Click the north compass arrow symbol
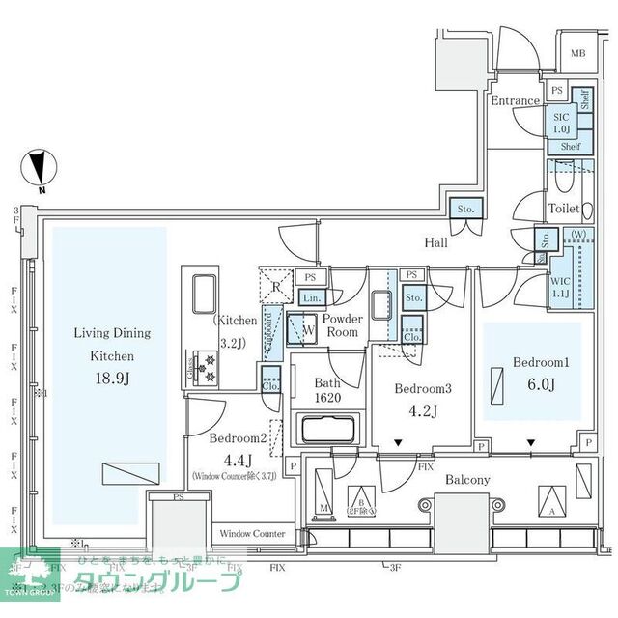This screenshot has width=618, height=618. tap(38, 170)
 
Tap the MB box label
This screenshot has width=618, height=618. tap(577, 54)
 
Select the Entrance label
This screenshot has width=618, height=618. tap(515, 100)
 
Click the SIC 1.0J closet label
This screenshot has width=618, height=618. tap(561, 122)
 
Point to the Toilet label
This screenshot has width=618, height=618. tap(564, 209)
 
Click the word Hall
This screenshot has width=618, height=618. tap(435, 243)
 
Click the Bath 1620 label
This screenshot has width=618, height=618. tap(326, 389)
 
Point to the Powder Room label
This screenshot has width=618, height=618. tap(343, 325)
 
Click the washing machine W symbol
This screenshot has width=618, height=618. tap(306, 328)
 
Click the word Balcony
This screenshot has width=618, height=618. tap(467, 480)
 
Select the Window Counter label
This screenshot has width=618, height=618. tap(251, 533)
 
